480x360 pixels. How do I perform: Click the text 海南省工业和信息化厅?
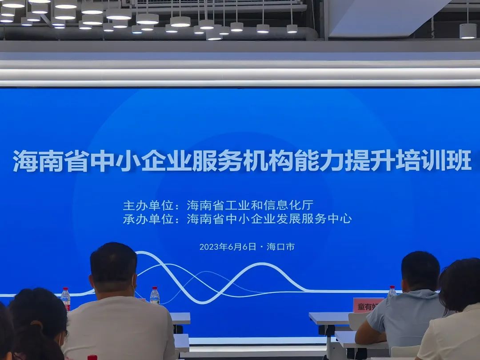coord(250,206)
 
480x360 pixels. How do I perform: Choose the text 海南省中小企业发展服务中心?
coord(269,219)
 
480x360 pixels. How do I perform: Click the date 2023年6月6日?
coord(228,247)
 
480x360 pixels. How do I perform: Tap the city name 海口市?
coord(280,247)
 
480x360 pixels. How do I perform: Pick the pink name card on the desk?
coord(367,305)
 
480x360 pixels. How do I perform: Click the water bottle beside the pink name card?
coord(392,292)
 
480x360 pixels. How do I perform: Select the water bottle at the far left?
coord(66,299)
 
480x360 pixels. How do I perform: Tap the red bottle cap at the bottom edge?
coord(92,357)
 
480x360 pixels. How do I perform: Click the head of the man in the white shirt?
coord(113,267)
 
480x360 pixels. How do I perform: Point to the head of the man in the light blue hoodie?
coord(420,271)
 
